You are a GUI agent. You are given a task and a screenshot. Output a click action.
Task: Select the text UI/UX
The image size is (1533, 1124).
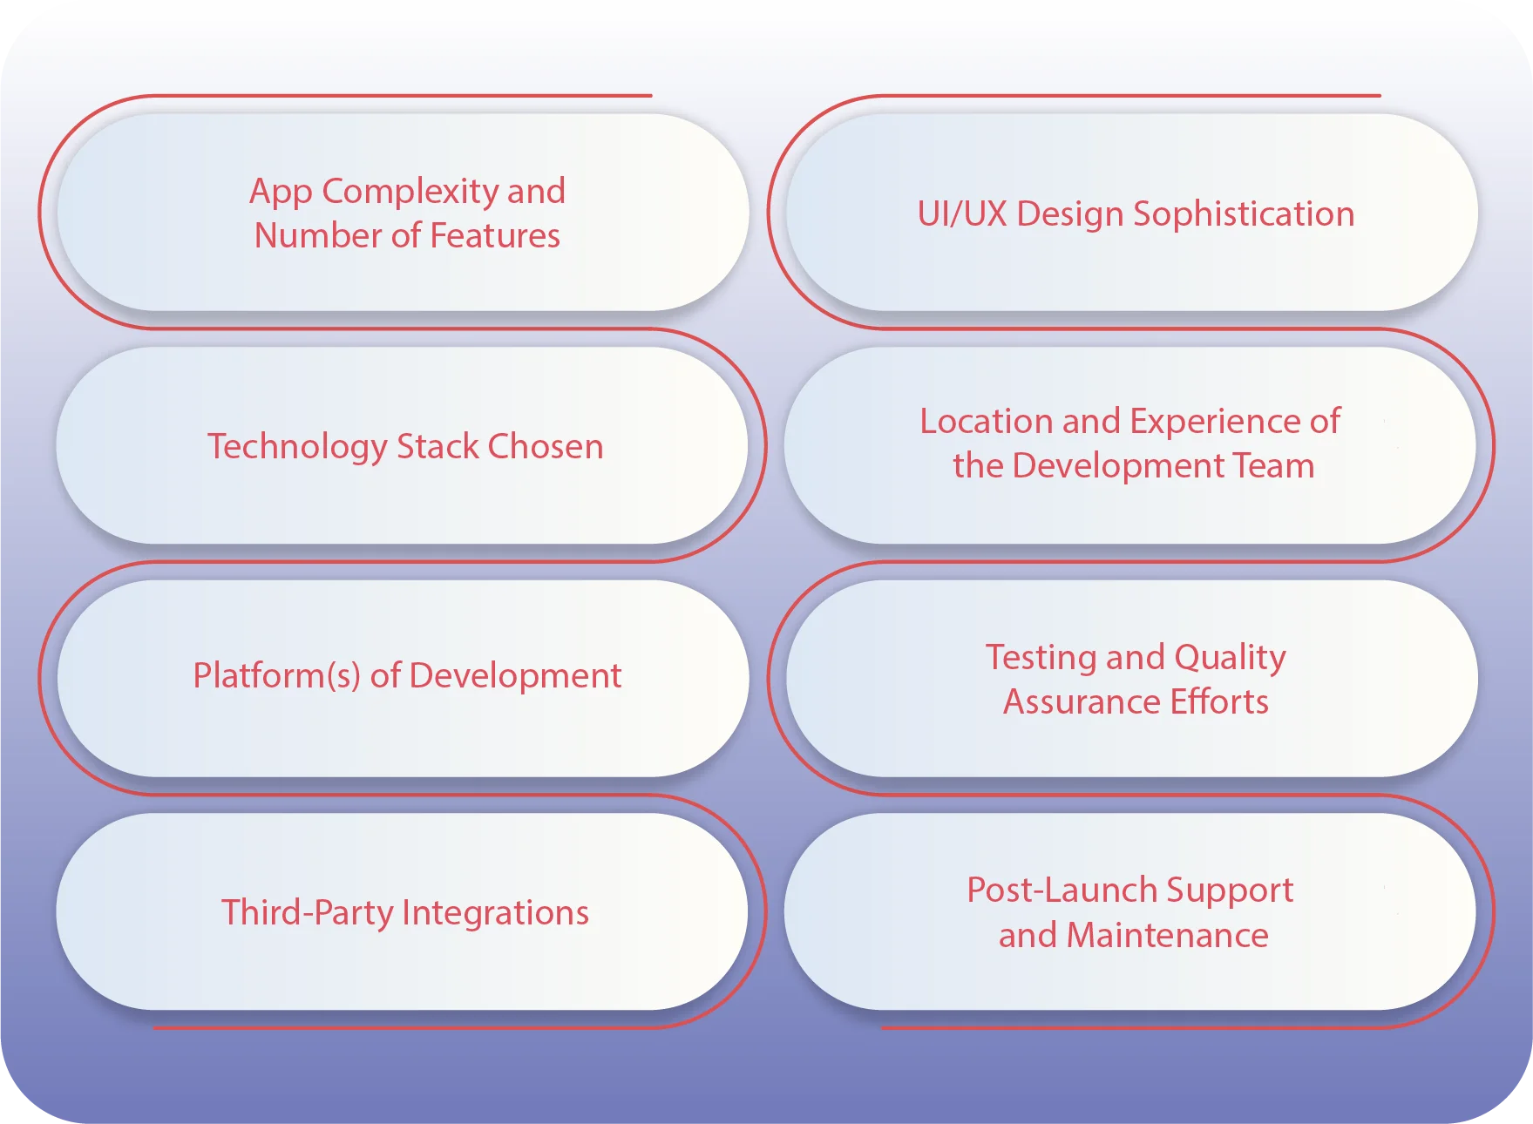[x=962, y=214]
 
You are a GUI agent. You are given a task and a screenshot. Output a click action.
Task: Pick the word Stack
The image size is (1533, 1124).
[x=438, y=447]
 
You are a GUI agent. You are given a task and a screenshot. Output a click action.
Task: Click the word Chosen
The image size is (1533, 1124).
[x=546, y=447]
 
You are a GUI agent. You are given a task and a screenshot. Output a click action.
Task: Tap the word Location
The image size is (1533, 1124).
[x=987, y=422]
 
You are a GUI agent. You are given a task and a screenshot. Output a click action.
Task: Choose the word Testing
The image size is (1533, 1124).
[x=1041, y=658]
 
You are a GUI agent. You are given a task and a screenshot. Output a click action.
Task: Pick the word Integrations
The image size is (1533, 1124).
[x=496, y=913]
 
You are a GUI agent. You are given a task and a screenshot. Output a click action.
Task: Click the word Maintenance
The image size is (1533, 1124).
[x=1167, y=936]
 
